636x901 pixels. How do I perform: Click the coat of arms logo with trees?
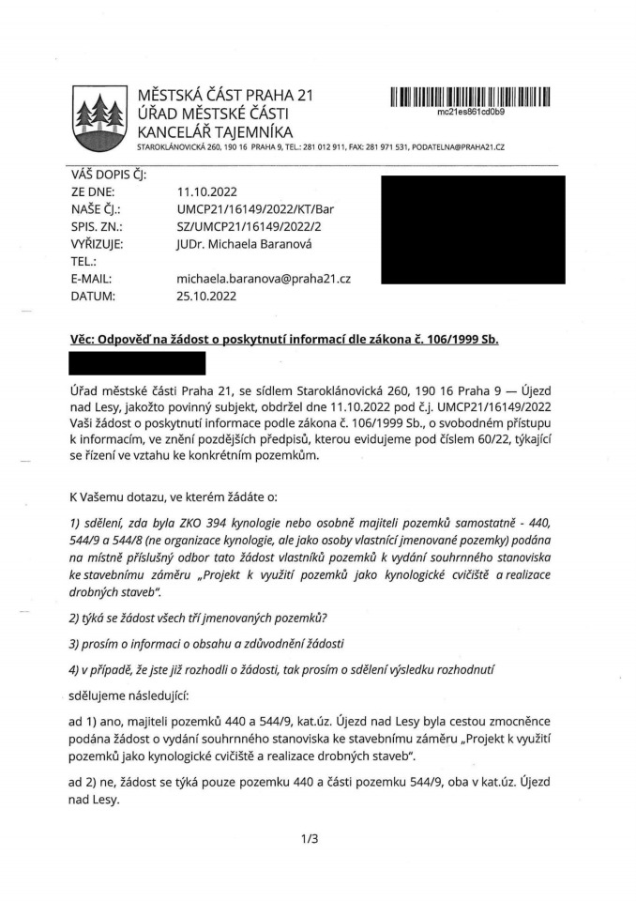[x=98, y=119]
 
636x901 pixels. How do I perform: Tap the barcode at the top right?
[x=470, y=97]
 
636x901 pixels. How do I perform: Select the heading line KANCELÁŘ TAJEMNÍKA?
[x=215, y=131]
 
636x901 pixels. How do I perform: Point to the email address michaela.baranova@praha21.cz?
[x=264, y=279]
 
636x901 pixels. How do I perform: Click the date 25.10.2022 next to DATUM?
[x=207, y=297]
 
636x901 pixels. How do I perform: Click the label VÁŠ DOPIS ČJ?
[x=108, y=174]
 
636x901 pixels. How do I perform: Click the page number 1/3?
[x=310, y=838]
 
